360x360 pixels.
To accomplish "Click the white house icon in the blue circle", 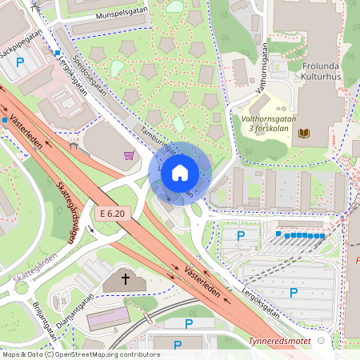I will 180,173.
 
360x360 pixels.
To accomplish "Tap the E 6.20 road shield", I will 113,214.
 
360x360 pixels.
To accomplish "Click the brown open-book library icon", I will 304,133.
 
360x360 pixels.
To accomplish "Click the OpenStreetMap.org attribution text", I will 104,354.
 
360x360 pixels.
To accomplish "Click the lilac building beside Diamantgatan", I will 108,318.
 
